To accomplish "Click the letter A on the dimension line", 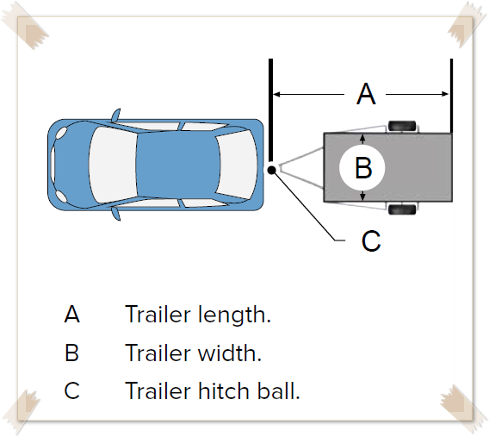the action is [x=366, y=94].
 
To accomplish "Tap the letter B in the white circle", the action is [x=363, y=167].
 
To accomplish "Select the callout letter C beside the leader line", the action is [x=371, y=240].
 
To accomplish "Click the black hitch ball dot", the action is [x=272, y=170].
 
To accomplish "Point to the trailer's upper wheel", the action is [x=402, y=126].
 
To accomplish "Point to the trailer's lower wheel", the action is [x=402, y=209].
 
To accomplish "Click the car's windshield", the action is [x=113, y=165].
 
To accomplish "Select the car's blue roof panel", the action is [x=178, y=165].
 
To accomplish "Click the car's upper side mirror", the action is [x=116, y=115].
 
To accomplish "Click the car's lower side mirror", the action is [x=116, y=215].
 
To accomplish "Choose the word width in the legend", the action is [x=227, y=353].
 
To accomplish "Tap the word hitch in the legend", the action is [x=224, y=390].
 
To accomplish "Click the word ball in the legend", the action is [x=276, y=390].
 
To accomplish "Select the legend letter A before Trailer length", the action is [x=72, y=314].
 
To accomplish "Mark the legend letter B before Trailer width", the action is [x=71, y=353].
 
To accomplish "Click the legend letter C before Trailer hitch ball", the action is [x=71, y=390].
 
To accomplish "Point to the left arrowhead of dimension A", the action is [x=276, y=94].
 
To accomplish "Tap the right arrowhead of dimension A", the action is [x=445, y=94].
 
